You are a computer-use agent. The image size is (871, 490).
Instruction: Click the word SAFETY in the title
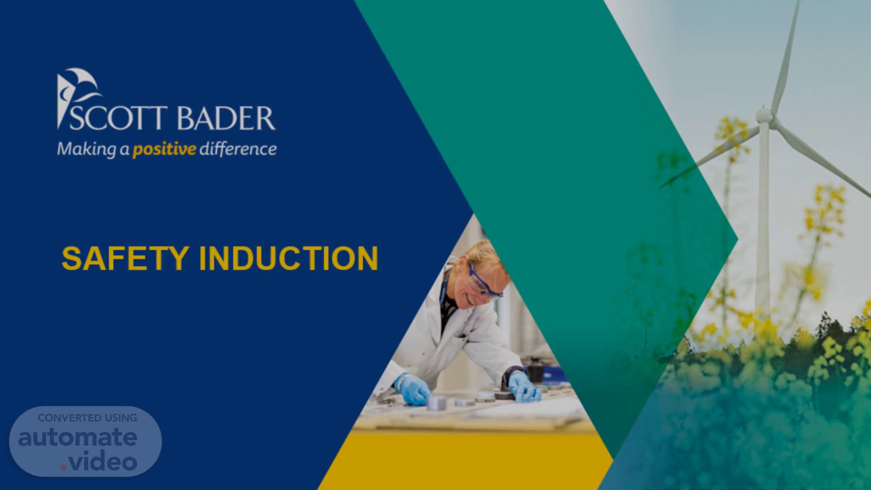coord(125,259)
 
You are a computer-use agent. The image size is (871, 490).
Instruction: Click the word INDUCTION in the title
coord(289,259)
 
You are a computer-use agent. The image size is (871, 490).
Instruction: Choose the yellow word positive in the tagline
coord(164,149)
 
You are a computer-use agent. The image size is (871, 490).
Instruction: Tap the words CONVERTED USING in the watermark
coord(88,418)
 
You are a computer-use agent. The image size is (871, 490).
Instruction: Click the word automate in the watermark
coord(78,437)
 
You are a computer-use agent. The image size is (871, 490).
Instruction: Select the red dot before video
coord(63,467)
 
